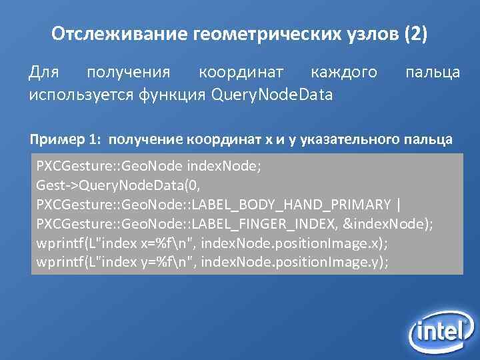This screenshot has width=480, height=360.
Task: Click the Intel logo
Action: tap(440, 329)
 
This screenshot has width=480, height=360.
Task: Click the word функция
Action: tap(173, 95)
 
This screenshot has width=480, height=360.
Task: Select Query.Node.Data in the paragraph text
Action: tap(271, 95)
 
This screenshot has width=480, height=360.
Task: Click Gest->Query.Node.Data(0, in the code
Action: tap(118, 185)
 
